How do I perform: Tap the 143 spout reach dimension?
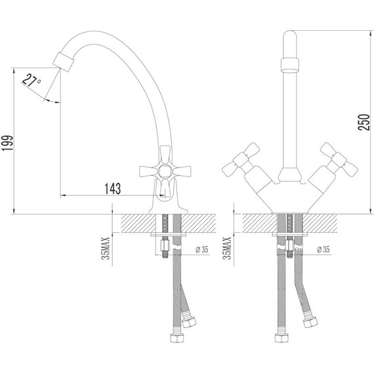pyautogui.click(x=112, y=189)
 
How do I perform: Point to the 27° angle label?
pyautogui.click(x=31, y=83)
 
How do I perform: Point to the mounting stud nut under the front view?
pyautogui.click(x=289, y=249)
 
